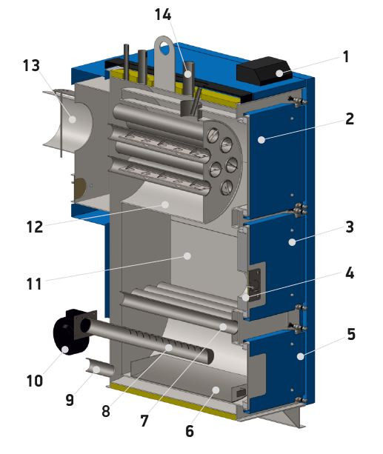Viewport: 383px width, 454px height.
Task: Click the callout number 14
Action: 163,15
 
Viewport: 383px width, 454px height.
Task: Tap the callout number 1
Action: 346,57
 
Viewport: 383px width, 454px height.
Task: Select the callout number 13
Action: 31,65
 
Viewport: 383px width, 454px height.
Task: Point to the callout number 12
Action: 35,227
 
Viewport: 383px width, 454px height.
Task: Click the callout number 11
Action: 34,284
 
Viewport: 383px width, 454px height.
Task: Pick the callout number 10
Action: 35,381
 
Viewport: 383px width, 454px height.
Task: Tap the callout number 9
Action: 70,401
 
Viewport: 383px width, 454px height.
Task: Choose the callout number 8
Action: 106,411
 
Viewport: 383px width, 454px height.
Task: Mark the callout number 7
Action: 144,421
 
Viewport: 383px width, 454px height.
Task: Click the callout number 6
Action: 190,431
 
